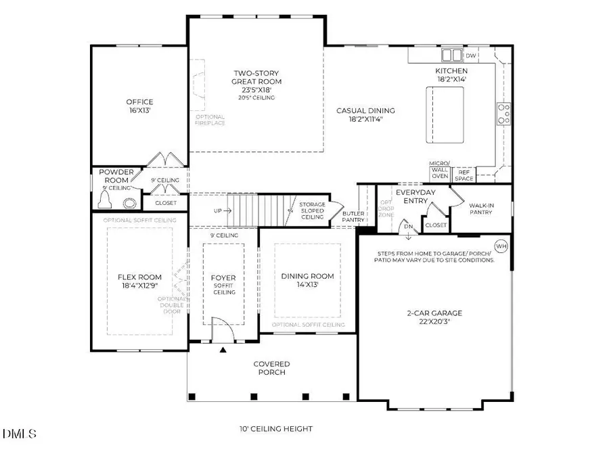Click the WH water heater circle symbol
tap(501, 246)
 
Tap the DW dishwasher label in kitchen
tap(471, 55)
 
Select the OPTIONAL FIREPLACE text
tap(210, 120)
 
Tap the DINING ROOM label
tap(308, 280)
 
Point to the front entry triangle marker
tap(223, 350)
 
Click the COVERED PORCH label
tap(272, 367)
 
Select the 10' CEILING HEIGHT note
tap(276, 429)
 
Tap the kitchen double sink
tap(451, 55)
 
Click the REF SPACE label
tap(464, 175)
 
